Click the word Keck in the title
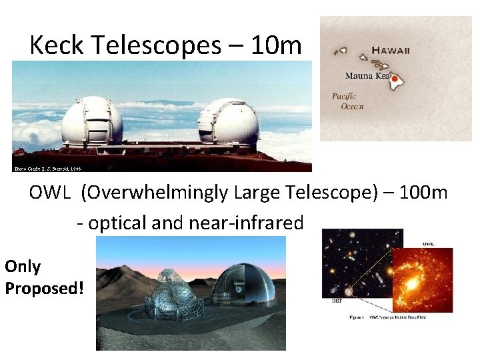pos(56,45)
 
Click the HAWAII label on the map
pos(391,50)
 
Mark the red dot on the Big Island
pos(395,79)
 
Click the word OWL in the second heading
pos(50,193)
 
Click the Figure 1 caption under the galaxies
pos(387,317)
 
